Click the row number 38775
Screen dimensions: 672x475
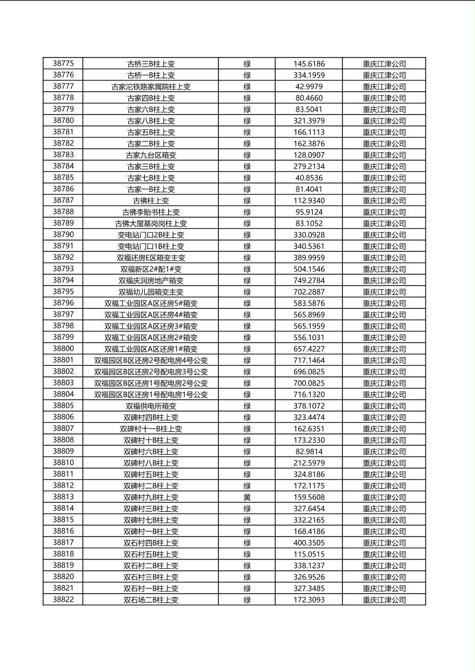tap(63, 63)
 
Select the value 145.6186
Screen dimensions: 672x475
tap(309, 64)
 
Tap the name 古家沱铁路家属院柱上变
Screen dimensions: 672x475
tap(151, 87)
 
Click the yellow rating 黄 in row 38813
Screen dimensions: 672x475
tap(247, 497)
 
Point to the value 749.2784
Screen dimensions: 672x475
tap(309, 281)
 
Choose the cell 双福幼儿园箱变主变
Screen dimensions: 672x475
tap(151, 292)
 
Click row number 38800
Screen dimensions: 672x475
tap(63, 349)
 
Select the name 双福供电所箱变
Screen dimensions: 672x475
tap(151, 406)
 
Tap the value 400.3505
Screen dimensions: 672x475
tap(309, 543)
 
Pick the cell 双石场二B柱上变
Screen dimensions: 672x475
tap(151, 600)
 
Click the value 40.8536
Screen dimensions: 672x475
tap(309, 178)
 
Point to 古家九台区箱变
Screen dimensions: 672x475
tap(151, 155)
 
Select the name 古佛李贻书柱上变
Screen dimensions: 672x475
tap(151, 212)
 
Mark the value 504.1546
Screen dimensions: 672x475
tap(309, 269)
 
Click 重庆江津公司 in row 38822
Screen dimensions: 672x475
tap(384, 600)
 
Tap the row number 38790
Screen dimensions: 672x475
tap(63, 235)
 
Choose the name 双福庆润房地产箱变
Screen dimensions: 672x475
tap(151, 281)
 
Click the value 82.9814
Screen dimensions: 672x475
tap(309, 452)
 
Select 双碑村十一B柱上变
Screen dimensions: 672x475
tap(151, 429)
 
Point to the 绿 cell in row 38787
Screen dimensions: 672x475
tap(247, 201)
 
